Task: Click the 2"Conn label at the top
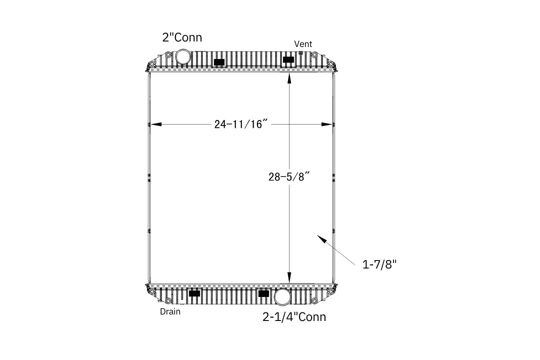coord(182,37)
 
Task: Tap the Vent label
coord(303,44)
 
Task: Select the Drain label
coord(170,311)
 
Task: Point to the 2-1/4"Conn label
coord(294,316)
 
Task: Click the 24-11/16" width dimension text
coord(240,123)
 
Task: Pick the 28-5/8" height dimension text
coord(289,176)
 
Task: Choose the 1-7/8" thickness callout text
coord(379,264)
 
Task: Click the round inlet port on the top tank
coord(182,56)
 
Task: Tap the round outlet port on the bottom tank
coord(282,296)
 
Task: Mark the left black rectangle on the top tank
coord(219,62)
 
